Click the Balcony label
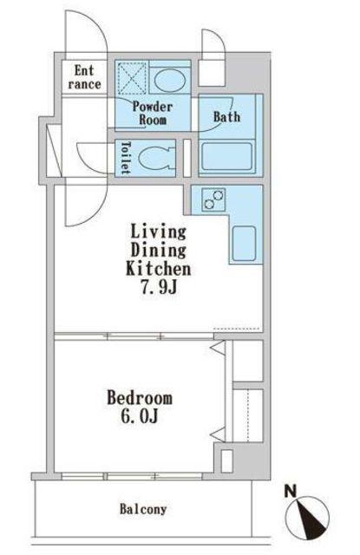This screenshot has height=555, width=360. click(143, 509)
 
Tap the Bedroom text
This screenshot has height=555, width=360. click(140, 398)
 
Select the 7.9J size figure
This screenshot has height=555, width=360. click(159, 288)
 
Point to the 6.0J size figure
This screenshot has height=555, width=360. click(139, 416)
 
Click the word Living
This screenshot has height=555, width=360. click(158, 232)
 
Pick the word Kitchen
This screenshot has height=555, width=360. click(158, 269)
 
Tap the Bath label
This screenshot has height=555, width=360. click(227, 116)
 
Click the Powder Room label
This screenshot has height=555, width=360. click(153, 113)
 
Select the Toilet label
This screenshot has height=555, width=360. click(126, 158)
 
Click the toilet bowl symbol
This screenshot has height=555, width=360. click(157, 158)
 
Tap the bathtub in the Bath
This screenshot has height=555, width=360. click(227, 157)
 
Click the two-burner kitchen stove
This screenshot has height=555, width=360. click(213, 199)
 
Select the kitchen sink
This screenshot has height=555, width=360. click(244, 243)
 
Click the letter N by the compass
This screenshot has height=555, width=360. click(291, 492)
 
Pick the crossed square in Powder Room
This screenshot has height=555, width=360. click(132, 78)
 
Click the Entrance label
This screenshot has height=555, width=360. click(84, 77)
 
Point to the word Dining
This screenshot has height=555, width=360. click(158, 251)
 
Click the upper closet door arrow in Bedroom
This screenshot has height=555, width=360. click(218, 347)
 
